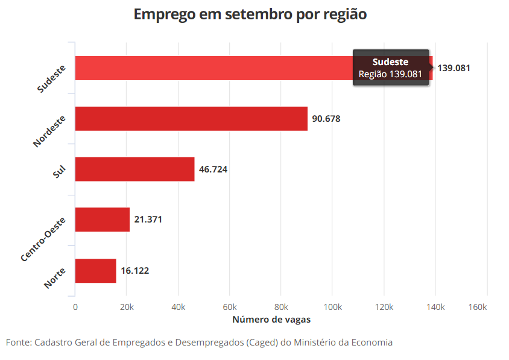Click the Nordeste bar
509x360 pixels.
click(x=191, y=119)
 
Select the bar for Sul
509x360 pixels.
click(x=134, y=169)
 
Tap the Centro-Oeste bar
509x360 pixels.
click(x=102, y=219)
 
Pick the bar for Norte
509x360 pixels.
click(x=95, y=270)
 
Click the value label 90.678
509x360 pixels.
click(x=326, y=119)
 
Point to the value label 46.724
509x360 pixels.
click(x=213, y=169)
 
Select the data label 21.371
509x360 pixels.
click(x=148, y=219)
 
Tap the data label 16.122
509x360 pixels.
click(x=134, y=271)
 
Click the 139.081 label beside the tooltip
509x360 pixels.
click(x=454, y=68)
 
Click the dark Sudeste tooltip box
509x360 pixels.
click(x=390, y=68)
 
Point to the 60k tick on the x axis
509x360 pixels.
click(x=229, y=308)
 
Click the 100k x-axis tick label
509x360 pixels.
click(x=332, y=308)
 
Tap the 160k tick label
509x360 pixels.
click(x=478, y=308)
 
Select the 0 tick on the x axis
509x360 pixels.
click(x=75, y=308)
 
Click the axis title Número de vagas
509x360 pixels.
click(x=271, y=320)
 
